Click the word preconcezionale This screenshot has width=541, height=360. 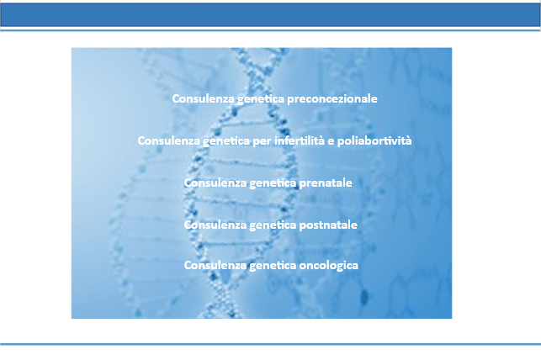point(332,99)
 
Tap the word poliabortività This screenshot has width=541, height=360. point(374,141)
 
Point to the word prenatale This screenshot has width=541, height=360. point(326,183)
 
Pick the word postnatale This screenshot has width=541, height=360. point(328,225)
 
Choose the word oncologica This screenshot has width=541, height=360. point(328,266)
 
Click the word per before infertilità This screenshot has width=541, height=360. point(262,141)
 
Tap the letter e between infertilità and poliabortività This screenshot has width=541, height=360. point(331,141)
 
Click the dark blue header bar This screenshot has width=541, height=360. point(271,15)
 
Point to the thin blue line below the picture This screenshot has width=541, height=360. point(271,344)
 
